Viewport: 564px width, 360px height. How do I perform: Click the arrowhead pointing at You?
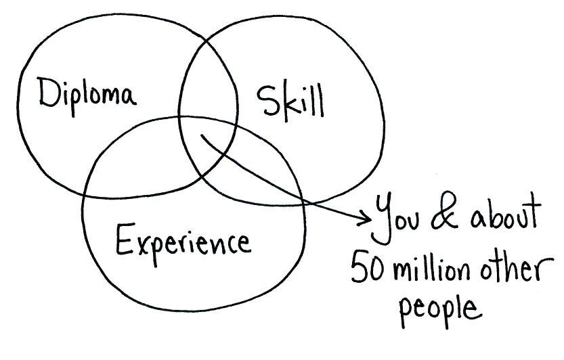pos(366,219)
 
